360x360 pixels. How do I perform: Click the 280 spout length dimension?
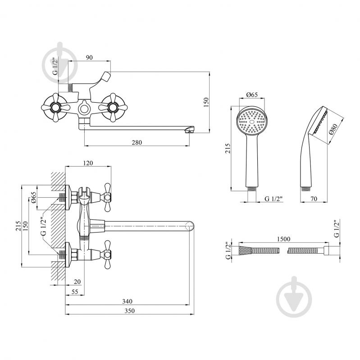137,142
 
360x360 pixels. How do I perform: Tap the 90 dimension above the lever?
89,57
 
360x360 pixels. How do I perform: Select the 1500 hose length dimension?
283,239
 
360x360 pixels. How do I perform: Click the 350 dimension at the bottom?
130,311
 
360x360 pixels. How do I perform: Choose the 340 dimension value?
127,301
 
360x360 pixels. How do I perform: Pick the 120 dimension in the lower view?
88,163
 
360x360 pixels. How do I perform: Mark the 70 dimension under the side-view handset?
314,199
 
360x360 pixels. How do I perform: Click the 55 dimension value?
75,292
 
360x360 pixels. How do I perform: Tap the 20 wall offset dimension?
77,282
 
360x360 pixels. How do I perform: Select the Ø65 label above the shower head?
252,95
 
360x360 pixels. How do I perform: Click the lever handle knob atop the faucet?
105,77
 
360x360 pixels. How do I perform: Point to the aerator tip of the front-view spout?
189,130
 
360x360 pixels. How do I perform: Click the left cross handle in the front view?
55,107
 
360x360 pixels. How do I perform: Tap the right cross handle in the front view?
113,107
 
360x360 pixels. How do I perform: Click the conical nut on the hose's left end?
245,250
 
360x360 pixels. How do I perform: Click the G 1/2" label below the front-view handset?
273,199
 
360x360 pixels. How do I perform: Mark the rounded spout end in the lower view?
189,226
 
